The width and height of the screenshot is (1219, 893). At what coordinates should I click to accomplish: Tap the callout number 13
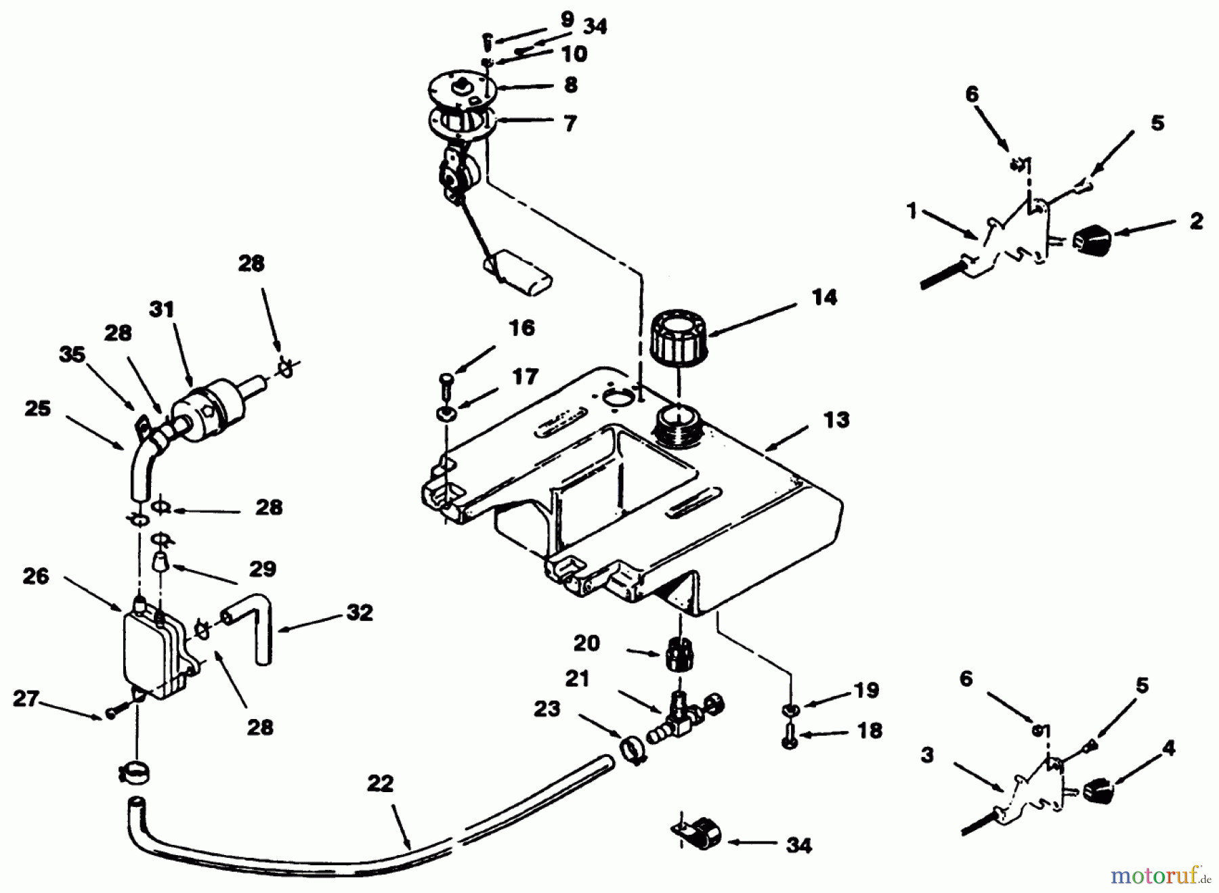click(x=836, y=420)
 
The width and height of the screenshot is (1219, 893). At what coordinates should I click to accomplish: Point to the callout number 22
click(x=381, y=784)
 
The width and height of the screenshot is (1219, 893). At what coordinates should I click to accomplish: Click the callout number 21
click(x=578, y=678)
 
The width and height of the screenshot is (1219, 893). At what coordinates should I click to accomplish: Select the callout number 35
click(x=72, y=354)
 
